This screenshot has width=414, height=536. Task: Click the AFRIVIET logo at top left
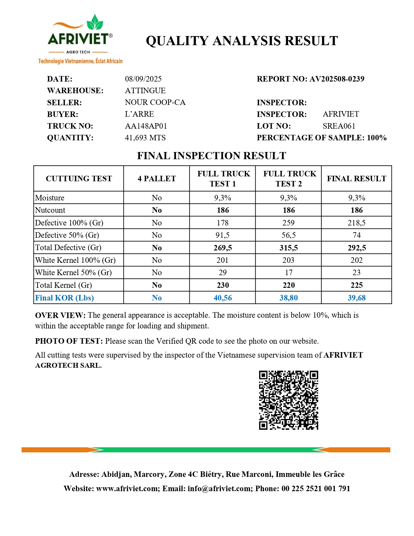click(x=80, y=39)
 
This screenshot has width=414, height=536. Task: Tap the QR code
click(x=288, y=400)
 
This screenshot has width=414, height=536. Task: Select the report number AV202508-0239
click(x=337, y=79)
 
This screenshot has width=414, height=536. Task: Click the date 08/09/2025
click(x=143, y=79)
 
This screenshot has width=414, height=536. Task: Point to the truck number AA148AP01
click(x=146, y=126)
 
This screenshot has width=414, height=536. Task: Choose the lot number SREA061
click(x=339, y=126)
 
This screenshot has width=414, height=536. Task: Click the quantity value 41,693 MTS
click(x=145, y=138)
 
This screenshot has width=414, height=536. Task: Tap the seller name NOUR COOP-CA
click(x=155, y=102)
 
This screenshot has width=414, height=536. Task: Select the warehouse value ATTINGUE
click(x=145, y=91)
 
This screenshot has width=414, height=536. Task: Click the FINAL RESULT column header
click(x=357, y=179)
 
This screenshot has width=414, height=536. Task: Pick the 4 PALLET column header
click(x=157, y=179)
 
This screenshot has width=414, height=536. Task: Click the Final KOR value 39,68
click(x=357, y=298)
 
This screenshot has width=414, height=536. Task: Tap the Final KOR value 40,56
click(x=223, y=298)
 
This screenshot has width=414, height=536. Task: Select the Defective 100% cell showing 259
click(x=288, y=223)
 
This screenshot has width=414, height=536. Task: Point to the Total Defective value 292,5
click(x=357, y=248)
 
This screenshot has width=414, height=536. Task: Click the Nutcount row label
click(x=50, y=210)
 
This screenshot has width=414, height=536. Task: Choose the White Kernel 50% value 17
click(x=288, y=273)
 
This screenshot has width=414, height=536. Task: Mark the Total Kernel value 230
click(x=223, y=285)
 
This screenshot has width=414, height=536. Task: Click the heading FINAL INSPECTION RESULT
click(x=211, y=156)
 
